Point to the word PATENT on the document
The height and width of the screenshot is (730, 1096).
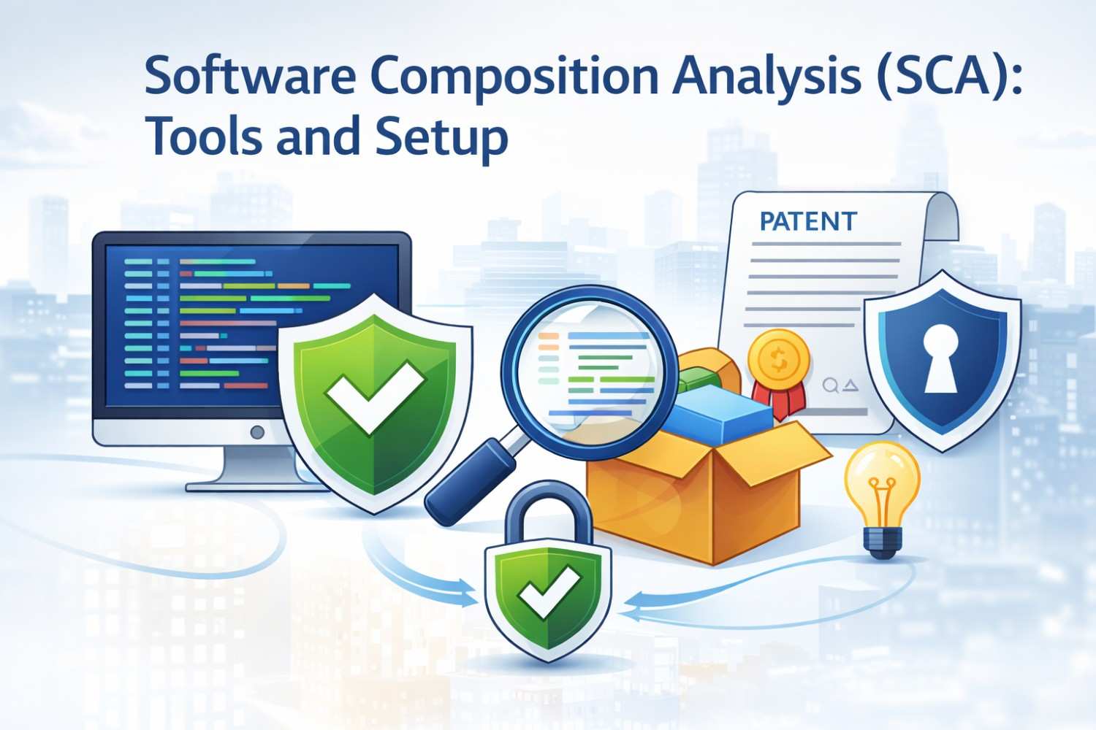(808, 222)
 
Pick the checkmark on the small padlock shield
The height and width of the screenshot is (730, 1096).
(548, 591)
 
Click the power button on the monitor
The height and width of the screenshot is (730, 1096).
(256, 432)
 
